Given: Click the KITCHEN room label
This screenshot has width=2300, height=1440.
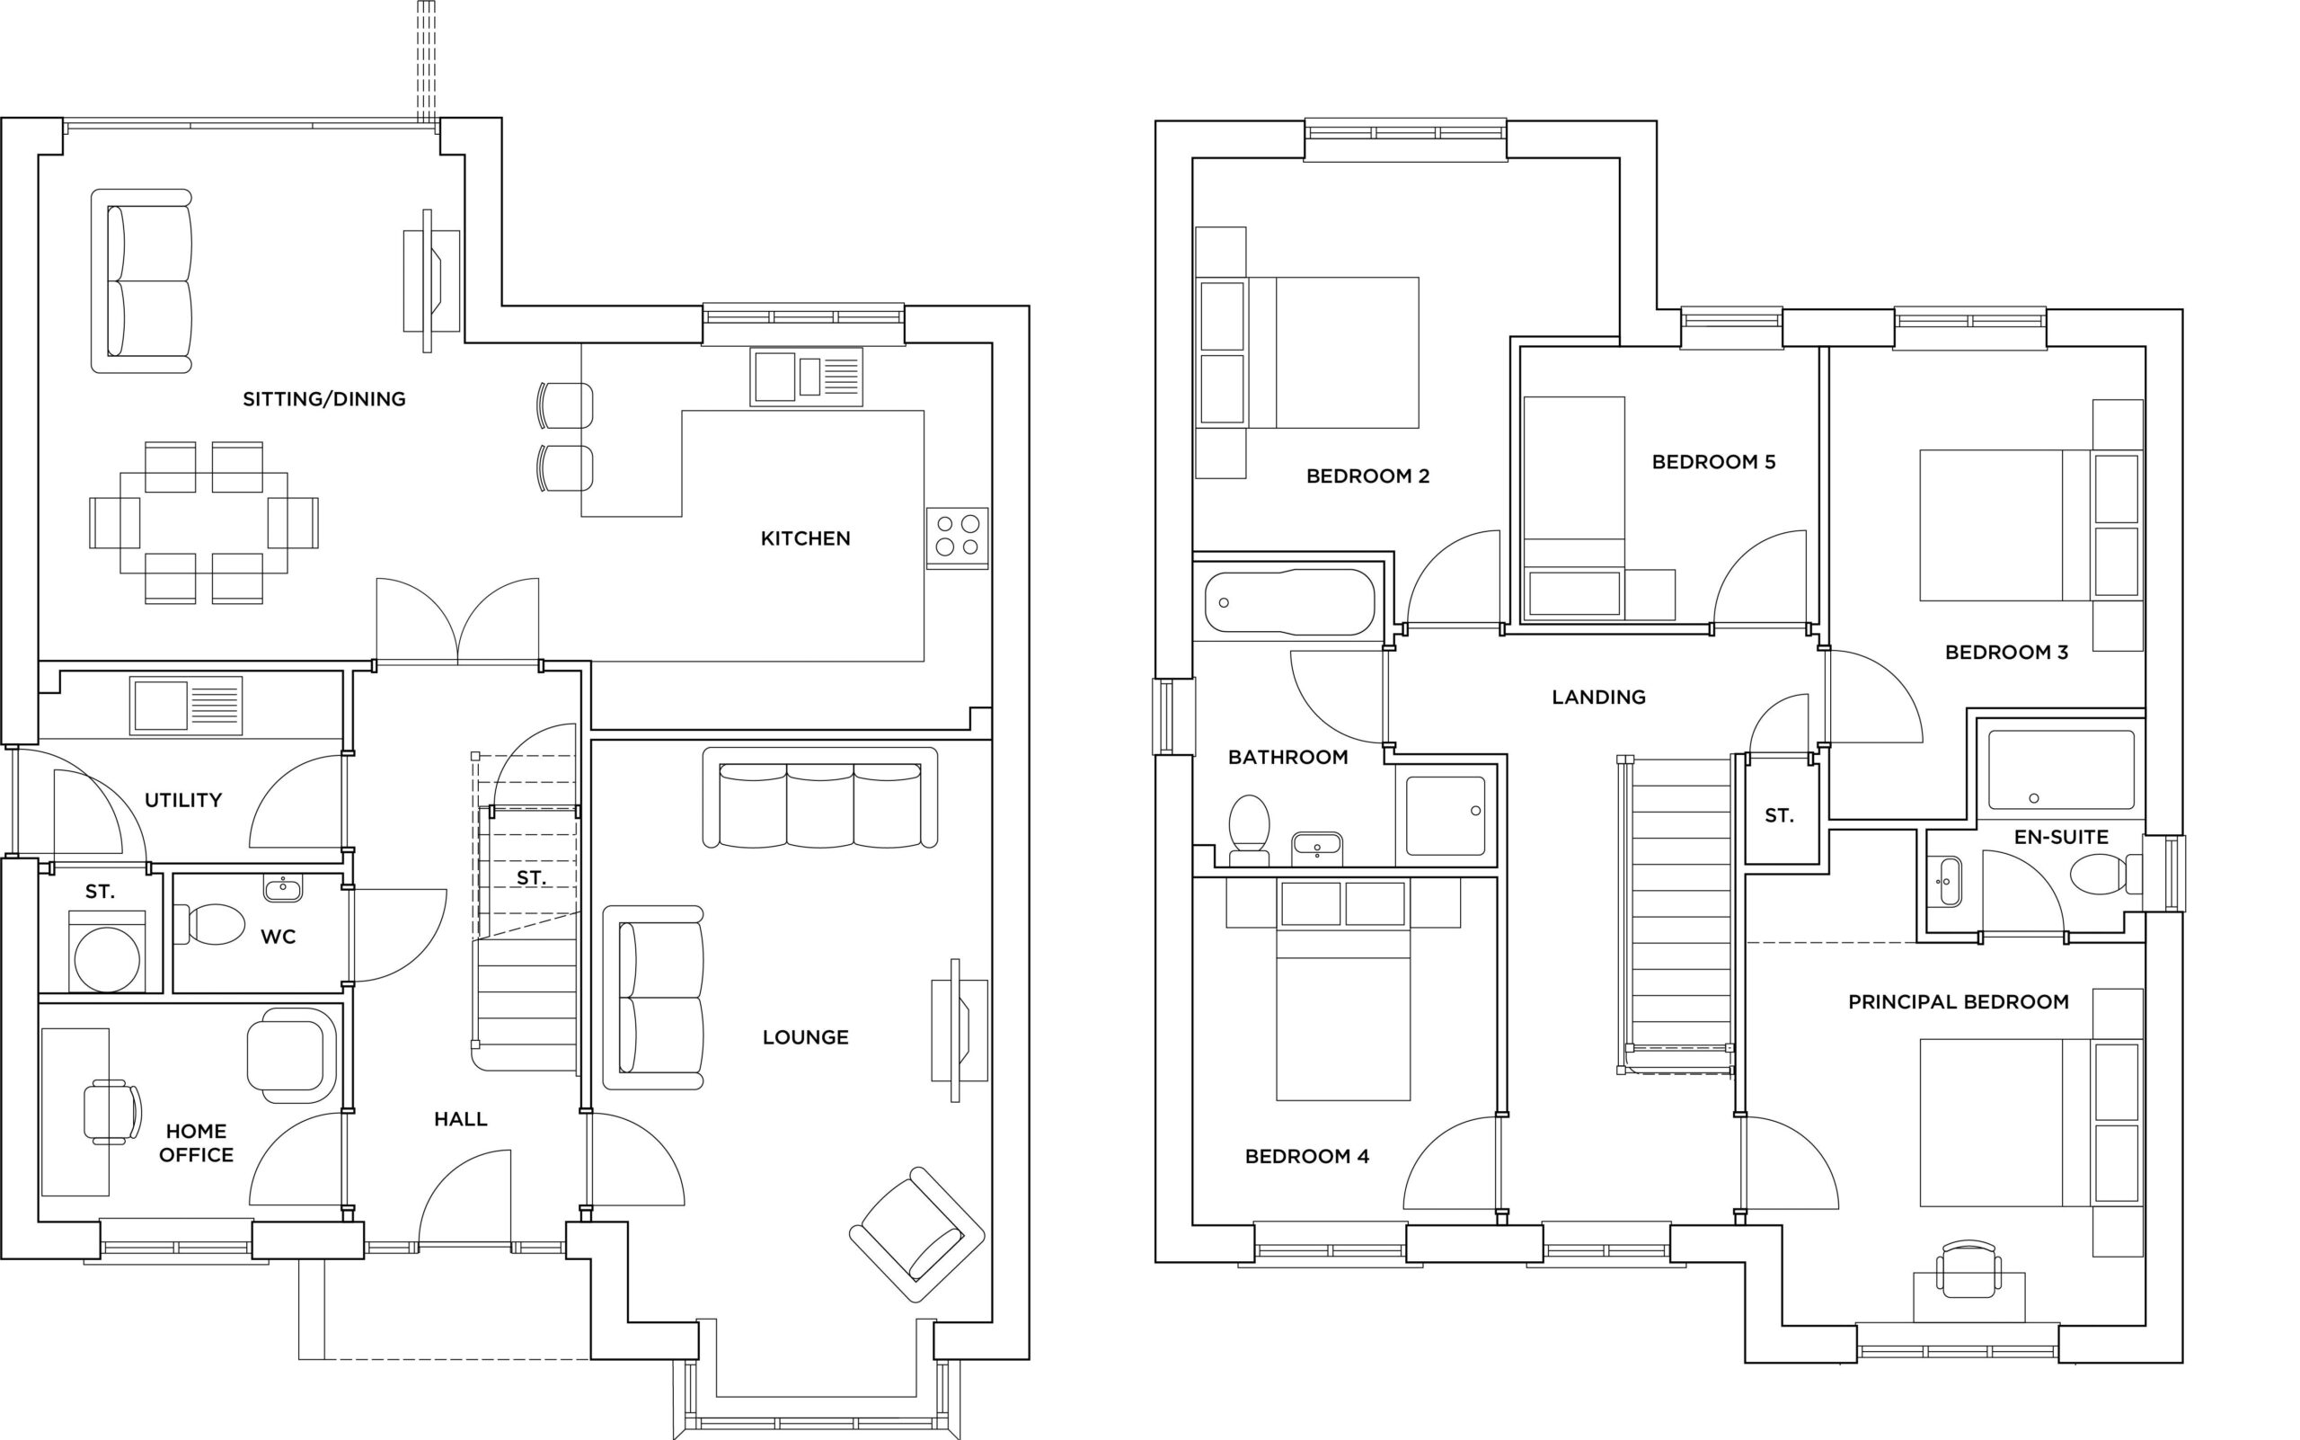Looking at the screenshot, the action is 805,539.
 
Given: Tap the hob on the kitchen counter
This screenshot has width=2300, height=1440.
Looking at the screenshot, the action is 957,538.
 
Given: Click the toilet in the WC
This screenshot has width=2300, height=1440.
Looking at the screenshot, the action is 211,924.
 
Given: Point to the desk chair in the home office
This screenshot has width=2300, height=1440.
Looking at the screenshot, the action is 112,1111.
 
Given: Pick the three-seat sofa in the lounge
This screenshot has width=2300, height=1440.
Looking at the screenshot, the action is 819,798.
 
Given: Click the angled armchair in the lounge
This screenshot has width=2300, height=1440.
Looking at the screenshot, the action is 916,1234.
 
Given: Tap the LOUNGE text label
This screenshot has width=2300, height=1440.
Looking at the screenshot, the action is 805,1037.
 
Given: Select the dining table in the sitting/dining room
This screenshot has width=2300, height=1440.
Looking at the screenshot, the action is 204,523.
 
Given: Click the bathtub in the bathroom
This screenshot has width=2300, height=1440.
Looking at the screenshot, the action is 1289,602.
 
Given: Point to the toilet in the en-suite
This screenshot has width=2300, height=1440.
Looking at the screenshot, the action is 2105,874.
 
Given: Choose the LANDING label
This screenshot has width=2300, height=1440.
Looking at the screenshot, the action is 1598,698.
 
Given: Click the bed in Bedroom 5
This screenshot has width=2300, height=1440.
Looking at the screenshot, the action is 1575,509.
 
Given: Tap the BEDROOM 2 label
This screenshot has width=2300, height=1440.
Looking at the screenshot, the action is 1367,476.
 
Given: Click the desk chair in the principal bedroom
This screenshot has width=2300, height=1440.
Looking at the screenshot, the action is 1968,1269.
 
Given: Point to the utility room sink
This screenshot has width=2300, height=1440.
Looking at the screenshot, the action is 186,706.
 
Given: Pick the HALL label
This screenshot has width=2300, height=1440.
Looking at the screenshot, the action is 461,1119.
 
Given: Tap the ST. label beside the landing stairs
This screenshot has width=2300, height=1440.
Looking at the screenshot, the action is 1778,815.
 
